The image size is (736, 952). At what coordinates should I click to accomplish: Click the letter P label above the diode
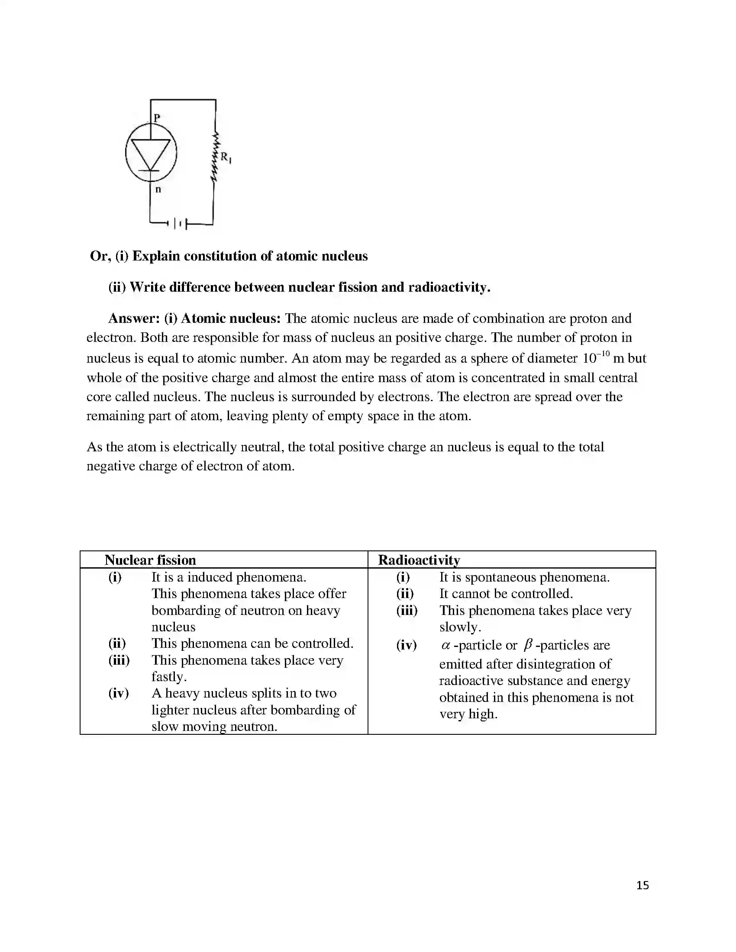coord(157,117)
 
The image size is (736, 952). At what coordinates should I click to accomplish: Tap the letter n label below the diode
coord(158,190)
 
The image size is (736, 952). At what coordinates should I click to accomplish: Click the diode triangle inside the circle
coord(151,153)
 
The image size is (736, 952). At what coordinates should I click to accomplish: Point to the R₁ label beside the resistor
coord(226,157)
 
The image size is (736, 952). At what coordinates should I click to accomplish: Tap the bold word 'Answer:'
coord(134,318)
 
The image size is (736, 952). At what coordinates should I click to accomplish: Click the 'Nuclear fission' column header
coord(150,560)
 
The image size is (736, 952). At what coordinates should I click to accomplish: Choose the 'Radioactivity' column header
coord(419,560)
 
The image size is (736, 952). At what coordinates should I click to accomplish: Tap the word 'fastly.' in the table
coord(169,676)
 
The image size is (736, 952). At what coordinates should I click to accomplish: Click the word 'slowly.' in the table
coord(460,627)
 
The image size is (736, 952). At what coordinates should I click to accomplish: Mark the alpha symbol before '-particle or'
coord(445,646)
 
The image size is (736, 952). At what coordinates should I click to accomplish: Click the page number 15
coord(642,885)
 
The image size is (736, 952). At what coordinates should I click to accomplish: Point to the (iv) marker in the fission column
coord(119,693)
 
